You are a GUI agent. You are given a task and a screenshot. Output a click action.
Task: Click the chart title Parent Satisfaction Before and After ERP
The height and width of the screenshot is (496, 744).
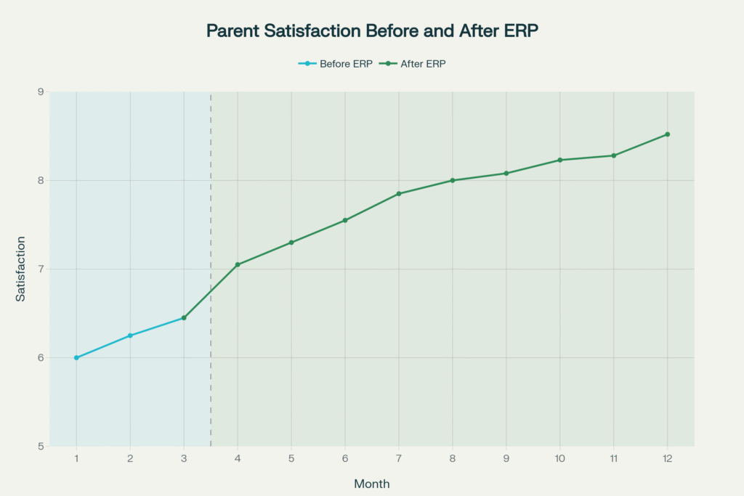tap(371, 31)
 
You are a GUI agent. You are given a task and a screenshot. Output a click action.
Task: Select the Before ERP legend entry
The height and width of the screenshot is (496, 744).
tap(336, 63)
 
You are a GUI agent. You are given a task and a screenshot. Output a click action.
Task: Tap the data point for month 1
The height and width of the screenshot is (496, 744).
tap(76, 358)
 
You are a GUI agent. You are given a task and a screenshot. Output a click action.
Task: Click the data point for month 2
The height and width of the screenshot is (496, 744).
tap(130, 336)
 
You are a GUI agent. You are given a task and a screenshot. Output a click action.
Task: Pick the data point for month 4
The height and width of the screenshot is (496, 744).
tap(238, 264)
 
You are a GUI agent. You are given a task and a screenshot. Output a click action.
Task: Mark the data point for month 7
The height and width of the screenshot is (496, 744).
tap(399, 194)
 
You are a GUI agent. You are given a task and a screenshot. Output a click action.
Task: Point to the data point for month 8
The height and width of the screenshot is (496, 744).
tap(453, 180)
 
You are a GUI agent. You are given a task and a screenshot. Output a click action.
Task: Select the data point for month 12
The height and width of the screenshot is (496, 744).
tap(667, 134)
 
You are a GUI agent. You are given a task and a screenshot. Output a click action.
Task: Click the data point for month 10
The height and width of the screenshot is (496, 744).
tap(560, 160)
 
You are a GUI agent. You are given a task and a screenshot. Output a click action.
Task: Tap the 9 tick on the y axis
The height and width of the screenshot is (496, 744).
tap(41, 92)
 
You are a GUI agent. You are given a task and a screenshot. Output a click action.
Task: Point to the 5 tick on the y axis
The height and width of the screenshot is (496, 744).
tap(41, 447)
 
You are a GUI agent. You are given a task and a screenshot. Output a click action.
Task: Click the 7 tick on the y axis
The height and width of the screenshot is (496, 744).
tap(41, 269)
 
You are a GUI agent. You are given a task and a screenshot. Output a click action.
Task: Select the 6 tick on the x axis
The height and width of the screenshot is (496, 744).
tap(345, 459)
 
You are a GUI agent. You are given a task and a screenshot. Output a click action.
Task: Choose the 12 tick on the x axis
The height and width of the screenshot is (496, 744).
tap(667, 459)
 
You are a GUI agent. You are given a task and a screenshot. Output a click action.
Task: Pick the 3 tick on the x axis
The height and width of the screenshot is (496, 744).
tap(184, 459)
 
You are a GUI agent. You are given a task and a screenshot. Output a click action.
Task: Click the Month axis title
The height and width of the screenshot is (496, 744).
tap(371, 484)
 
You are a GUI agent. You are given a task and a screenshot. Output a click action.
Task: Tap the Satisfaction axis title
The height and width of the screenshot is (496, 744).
tap(21, 269)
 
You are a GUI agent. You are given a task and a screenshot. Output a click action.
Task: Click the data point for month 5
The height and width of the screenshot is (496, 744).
tap(291, 243)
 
